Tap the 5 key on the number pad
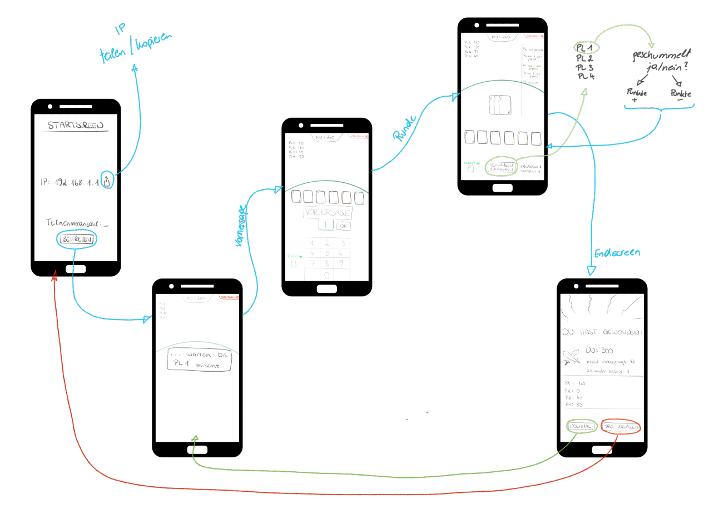pyautogui.click(x=327, y=253)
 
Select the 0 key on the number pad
pyautogui.click(x=327, y=275)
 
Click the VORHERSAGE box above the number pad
pyautogui.click(x=327, y=213)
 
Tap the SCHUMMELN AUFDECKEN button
pyautogui.click(x=502, y=167)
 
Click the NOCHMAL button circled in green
pyautogui.click(x=582, y=427)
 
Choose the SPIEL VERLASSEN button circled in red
pyautogui.click(x=621, y=427)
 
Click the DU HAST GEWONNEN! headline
pyautogui.click(x=602, y=332)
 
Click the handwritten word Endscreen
pyautogui.click(x=617, y=253)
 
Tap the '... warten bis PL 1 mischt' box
pyautogui.click(x=199, y=360)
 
